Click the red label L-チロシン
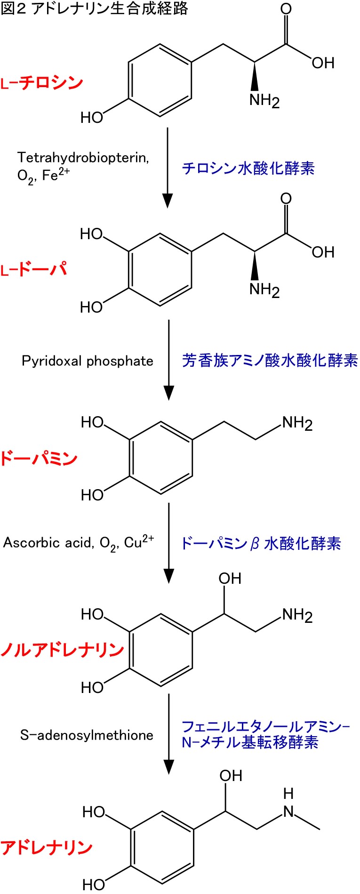(42, 83)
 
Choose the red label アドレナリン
(47, 847)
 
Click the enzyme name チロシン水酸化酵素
(248, 168)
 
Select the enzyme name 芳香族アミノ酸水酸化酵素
(270, 361)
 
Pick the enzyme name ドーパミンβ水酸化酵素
(261, 544)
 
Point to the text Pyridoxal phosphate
(88, 361)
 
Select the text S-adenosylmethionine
(87, 735)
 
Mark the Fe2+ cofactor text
(56, 175)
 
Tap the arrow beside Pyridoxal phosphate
(168, 360)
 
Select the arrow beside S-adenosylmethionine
(168, 734)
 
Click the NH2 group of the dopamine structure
(297, 423)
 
